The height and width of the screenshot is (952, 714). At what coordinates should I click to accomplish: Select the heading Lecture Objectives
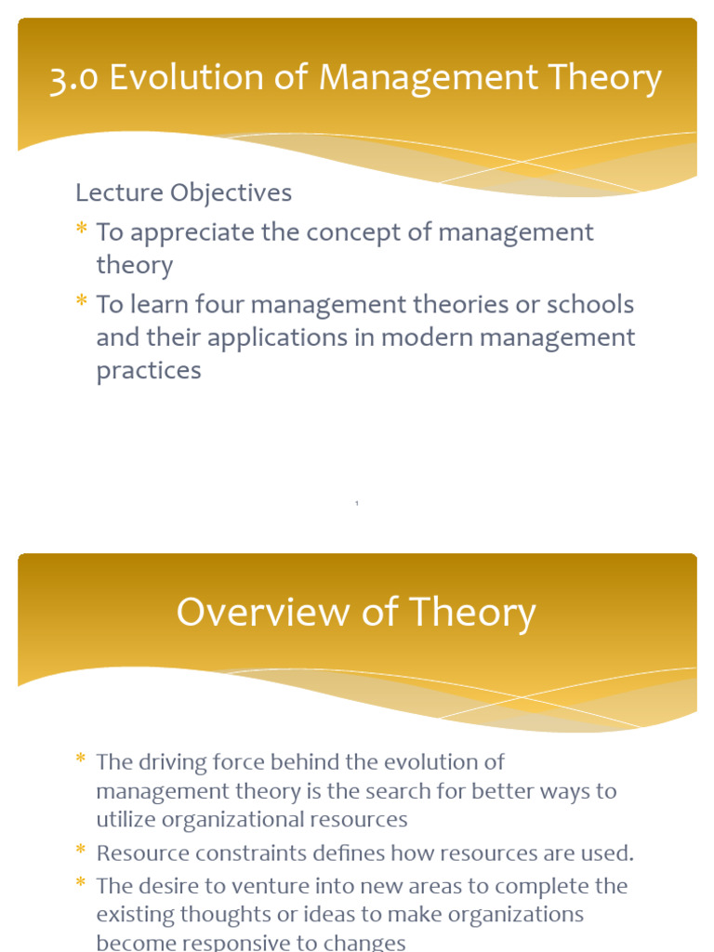(183, 192)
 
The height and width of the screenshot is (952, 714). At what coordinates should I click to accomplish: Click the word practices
(149, 370)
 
